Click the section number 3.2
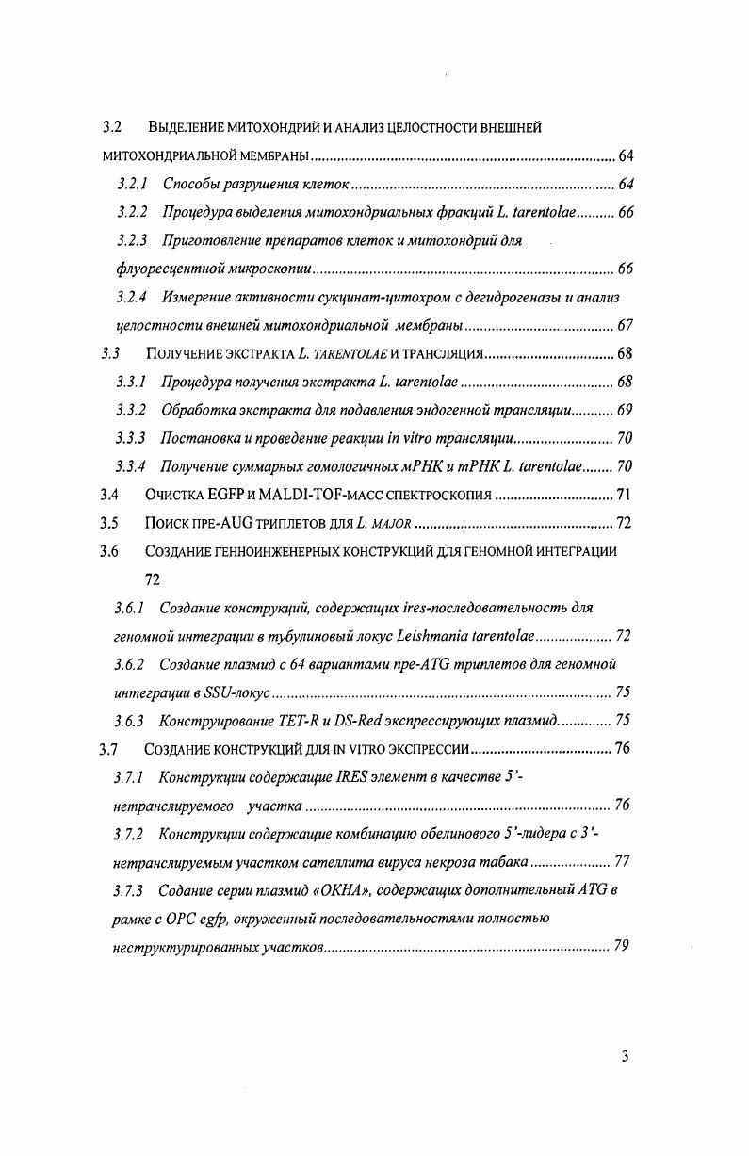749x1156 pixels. [x=113, y=127]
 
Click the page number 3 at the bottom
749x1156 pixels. [x=625, y=1056]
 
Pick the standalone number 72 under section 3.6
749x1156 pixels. [x=153, y=580]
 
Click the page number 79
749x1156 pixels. [x=622, y=946]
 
